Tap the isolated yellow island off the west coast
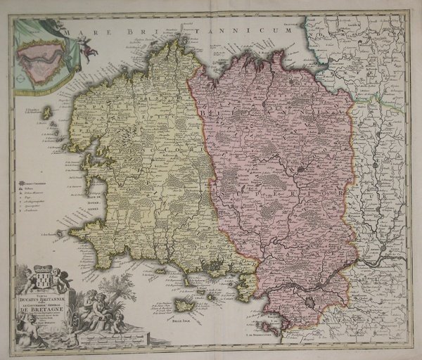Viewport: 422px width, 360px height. [x=47, y=112]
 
